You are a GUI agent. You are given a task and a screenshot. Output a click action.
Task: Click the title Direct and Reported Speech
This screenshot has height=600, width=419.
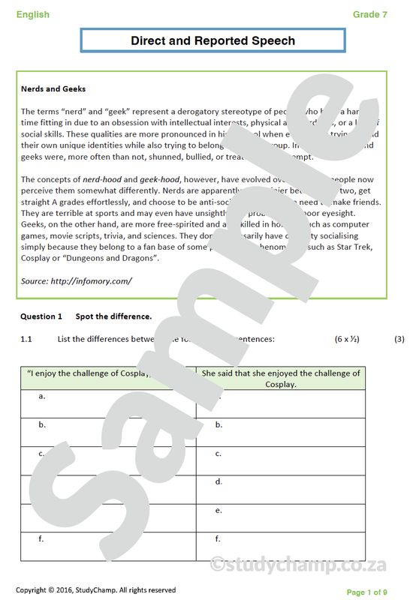[x=213, y=40]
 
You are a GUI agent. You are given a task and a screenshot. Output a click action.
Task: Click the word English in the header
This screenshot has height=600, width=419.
[x=32, y=14]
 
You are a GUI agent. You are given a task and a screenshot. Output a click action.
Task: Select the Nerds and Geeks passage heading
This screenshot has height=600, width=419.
[x=53, y=88]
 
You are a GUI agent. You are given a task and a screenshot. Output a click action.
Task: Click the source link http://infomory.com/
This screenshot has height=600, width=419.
[x=77, y=280]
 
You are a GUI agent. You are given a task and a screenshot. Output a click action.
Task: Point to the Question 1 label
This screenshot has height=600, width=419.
[x=41, y=316]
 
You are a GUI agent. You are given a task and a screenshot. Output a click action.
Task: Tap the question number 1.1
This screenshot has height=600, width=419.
[x=26, y=339]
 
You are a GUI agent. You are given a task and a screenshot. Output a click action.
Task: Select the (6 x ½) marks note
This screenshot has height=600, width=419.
[x=347, y=339]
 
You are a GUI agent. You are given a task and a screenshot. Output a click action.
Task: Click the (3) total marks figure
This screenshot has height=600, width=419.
[x=399, y=339]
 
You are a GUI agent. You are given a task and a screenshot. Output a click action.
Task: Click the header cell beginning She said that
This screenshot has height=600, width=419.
[x=280, y=378]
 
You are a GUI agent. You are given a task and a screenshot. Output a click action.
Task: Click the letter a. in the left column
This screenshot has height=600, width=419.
[x=42, y=396]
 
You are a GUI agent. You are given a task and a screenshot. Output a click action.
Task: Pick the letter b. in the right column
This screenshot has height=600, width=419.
[x=219, y=424]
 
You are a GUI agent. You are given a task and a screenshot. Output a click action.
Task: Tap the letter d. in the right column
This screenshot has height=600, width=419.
[x=219, y=481]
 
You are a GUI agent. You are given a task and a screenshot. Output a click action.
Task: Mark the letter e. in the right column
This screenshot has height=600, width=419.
[x=219, y=510]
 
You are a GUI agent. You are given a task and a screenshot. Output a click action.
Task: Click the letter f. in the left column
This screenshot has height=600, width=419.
[x=41, y=538]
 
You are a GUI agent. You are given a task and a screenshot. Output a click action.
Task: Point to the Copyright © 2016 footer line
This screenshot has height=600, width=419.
[x=95, y=590]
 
